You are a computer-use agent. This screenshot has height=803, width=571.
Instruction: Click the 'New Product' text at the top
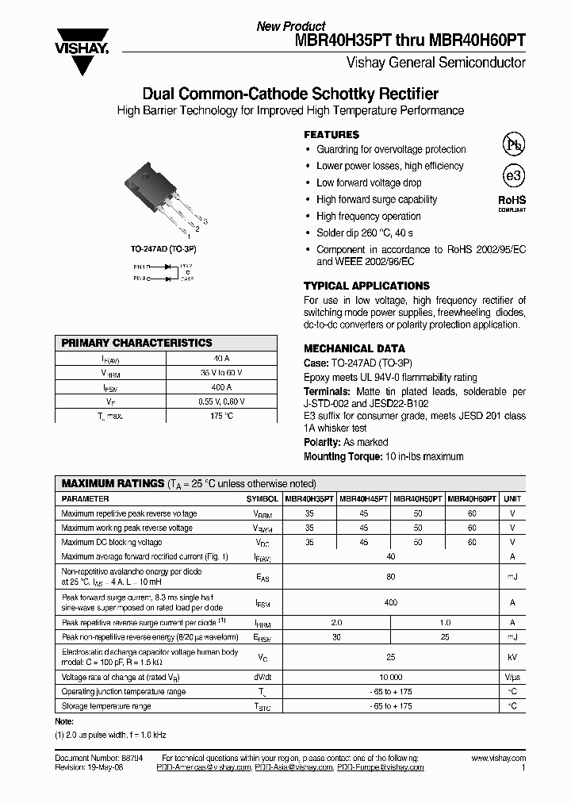[x=290, y=26]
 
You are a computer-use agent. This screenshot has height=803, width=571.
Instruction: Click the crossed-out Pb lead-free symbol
[x=513, y=144]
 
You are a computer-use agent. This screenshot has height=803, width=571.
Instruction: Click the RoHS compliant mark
[x=512, y=202]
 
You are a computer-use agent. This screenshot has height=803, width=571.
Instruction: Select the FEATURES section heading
[x=331, y=135]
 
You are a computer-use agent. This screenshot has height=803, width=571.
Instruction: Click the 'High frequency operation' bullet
[x=369, y=216]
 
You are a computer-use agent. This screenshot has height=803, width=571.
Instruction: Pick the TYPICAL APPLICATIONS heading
[x=366, y=286]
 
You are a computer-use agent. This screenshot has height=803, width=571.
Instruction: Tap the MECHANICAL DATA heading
[x=354, y=348]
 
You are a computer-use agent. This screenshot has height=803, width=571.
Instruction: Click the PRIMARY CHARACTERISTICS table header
[x=137, y=343]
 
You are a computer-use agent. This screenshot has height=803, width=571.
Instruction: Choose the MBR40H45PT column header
[x=363, y=499]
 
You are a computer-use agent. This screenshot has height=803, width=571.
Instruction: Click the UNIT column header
[x=512, y=499]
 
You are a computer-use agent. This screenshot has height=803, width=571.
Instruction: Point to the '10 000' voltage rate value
[x=390, y=677]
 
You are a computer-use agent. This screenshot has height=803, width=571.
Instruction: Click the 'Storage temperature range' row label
[x=106, y=705]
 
